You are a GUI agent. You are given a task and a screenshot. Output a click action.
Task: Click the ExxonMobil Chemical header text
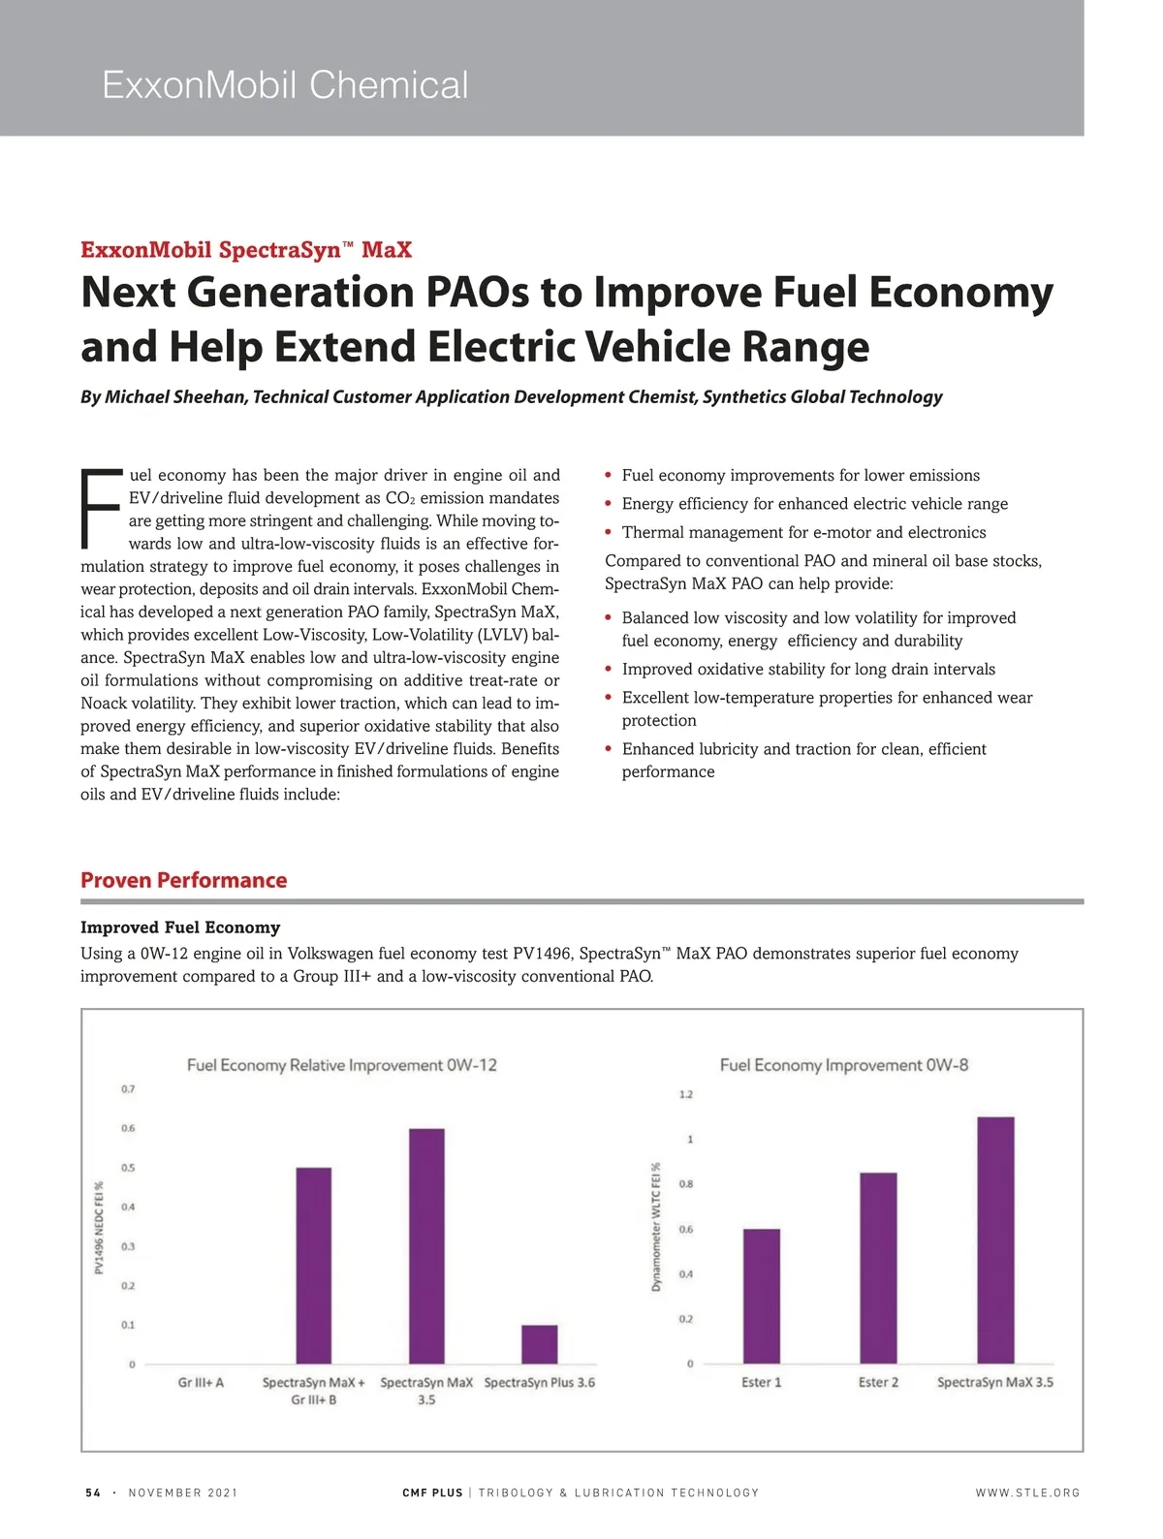[x=285, y=85]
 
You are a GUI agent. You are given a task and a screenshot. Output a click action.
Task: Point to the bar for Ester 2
[x=878, y=1269]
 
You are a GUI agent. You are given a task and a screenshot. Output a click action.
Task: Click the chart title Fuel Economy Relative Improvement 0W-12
[x=341, y=1065]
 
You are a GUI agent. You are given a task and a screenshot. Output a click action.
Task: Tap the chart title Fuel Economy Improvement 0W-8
[x=843, y=1065]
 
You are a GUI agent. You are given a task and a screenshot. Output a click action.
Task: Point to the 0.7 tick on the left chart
[x=128, y=1089]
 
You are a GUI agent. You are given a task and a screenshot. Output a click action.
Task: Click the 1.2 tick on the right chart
[x=686, y=1094]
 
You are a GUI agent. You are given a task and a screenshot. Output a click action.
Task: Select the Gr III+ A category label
[x=201, y=1383]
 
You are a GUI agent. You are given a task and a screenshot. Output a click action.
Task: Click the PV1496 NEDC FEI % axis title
[x=99, y=1226]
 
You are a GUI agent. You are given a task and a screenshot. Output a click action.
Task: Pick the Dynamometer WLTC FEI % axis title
[x=656, y=1226]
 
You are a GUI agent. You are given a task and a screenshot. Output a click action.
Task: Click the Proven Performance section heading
[x=183, y=880]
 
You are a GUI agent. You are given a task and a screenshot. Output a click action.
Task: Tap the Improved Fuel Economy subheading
[x=180, y=927]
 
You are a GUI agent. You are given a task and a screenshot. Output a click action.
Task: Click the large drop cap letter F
[x=101, y=508]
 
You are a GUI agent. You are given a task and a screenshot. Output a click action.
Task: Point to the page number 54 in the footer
[x=93, y=1492]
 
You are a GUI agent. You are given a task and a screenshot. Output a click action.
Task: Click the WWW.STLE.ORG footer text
[x=1027, y=1492]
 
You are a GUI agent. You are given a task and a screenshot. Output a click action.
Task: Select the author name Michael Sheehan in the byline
[x=175, y=396]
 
